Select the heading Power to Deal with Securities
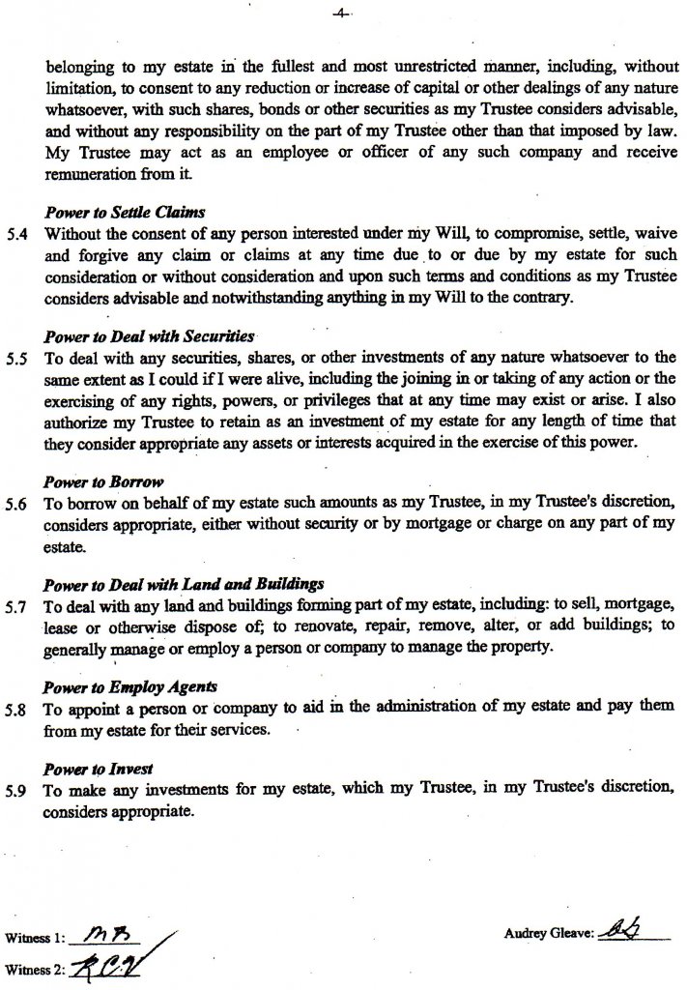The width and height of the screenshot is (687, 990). click(149, 337)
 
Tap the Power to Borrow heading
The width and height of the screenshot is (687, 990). click(103, 480)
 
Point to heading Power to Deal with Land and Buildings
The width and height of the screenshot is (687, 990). click(184, 584)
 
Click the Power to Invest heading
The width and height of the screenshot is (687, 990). click(99, 770)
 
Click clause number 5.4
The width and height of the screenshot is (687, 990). click(15, 233)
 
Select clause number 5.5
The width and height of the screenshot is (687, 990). click(15, 357)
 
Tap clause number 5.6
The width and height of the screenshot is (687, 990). click(15, 504)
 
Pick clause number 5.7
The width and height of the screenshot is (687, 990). click(15, 606)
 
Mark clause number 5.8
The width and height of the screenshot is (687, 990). click(15, 709)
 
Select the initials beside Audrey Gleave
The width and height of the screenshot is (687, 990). click(639, 929)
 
